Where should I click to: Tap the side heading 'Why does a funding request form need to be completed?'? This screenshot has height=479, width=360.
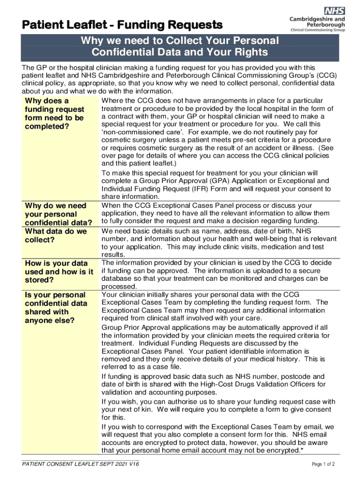(x=54, y=114)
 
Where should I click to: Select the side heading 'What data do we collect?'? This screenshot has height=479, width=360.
(x=56, y=235)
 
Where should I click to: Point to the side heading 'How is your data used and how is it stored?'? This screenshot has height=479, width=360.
(x=58, y=272)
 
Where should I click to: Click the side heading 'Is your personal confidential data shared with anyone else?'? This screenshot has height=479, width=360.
(x=56, y=307)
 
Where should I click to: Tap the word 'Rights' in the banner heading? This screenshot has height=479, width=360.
(x=248, y=52)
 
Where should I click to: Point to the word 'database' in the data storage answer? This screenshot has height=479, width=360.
(x=116, y=279)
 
